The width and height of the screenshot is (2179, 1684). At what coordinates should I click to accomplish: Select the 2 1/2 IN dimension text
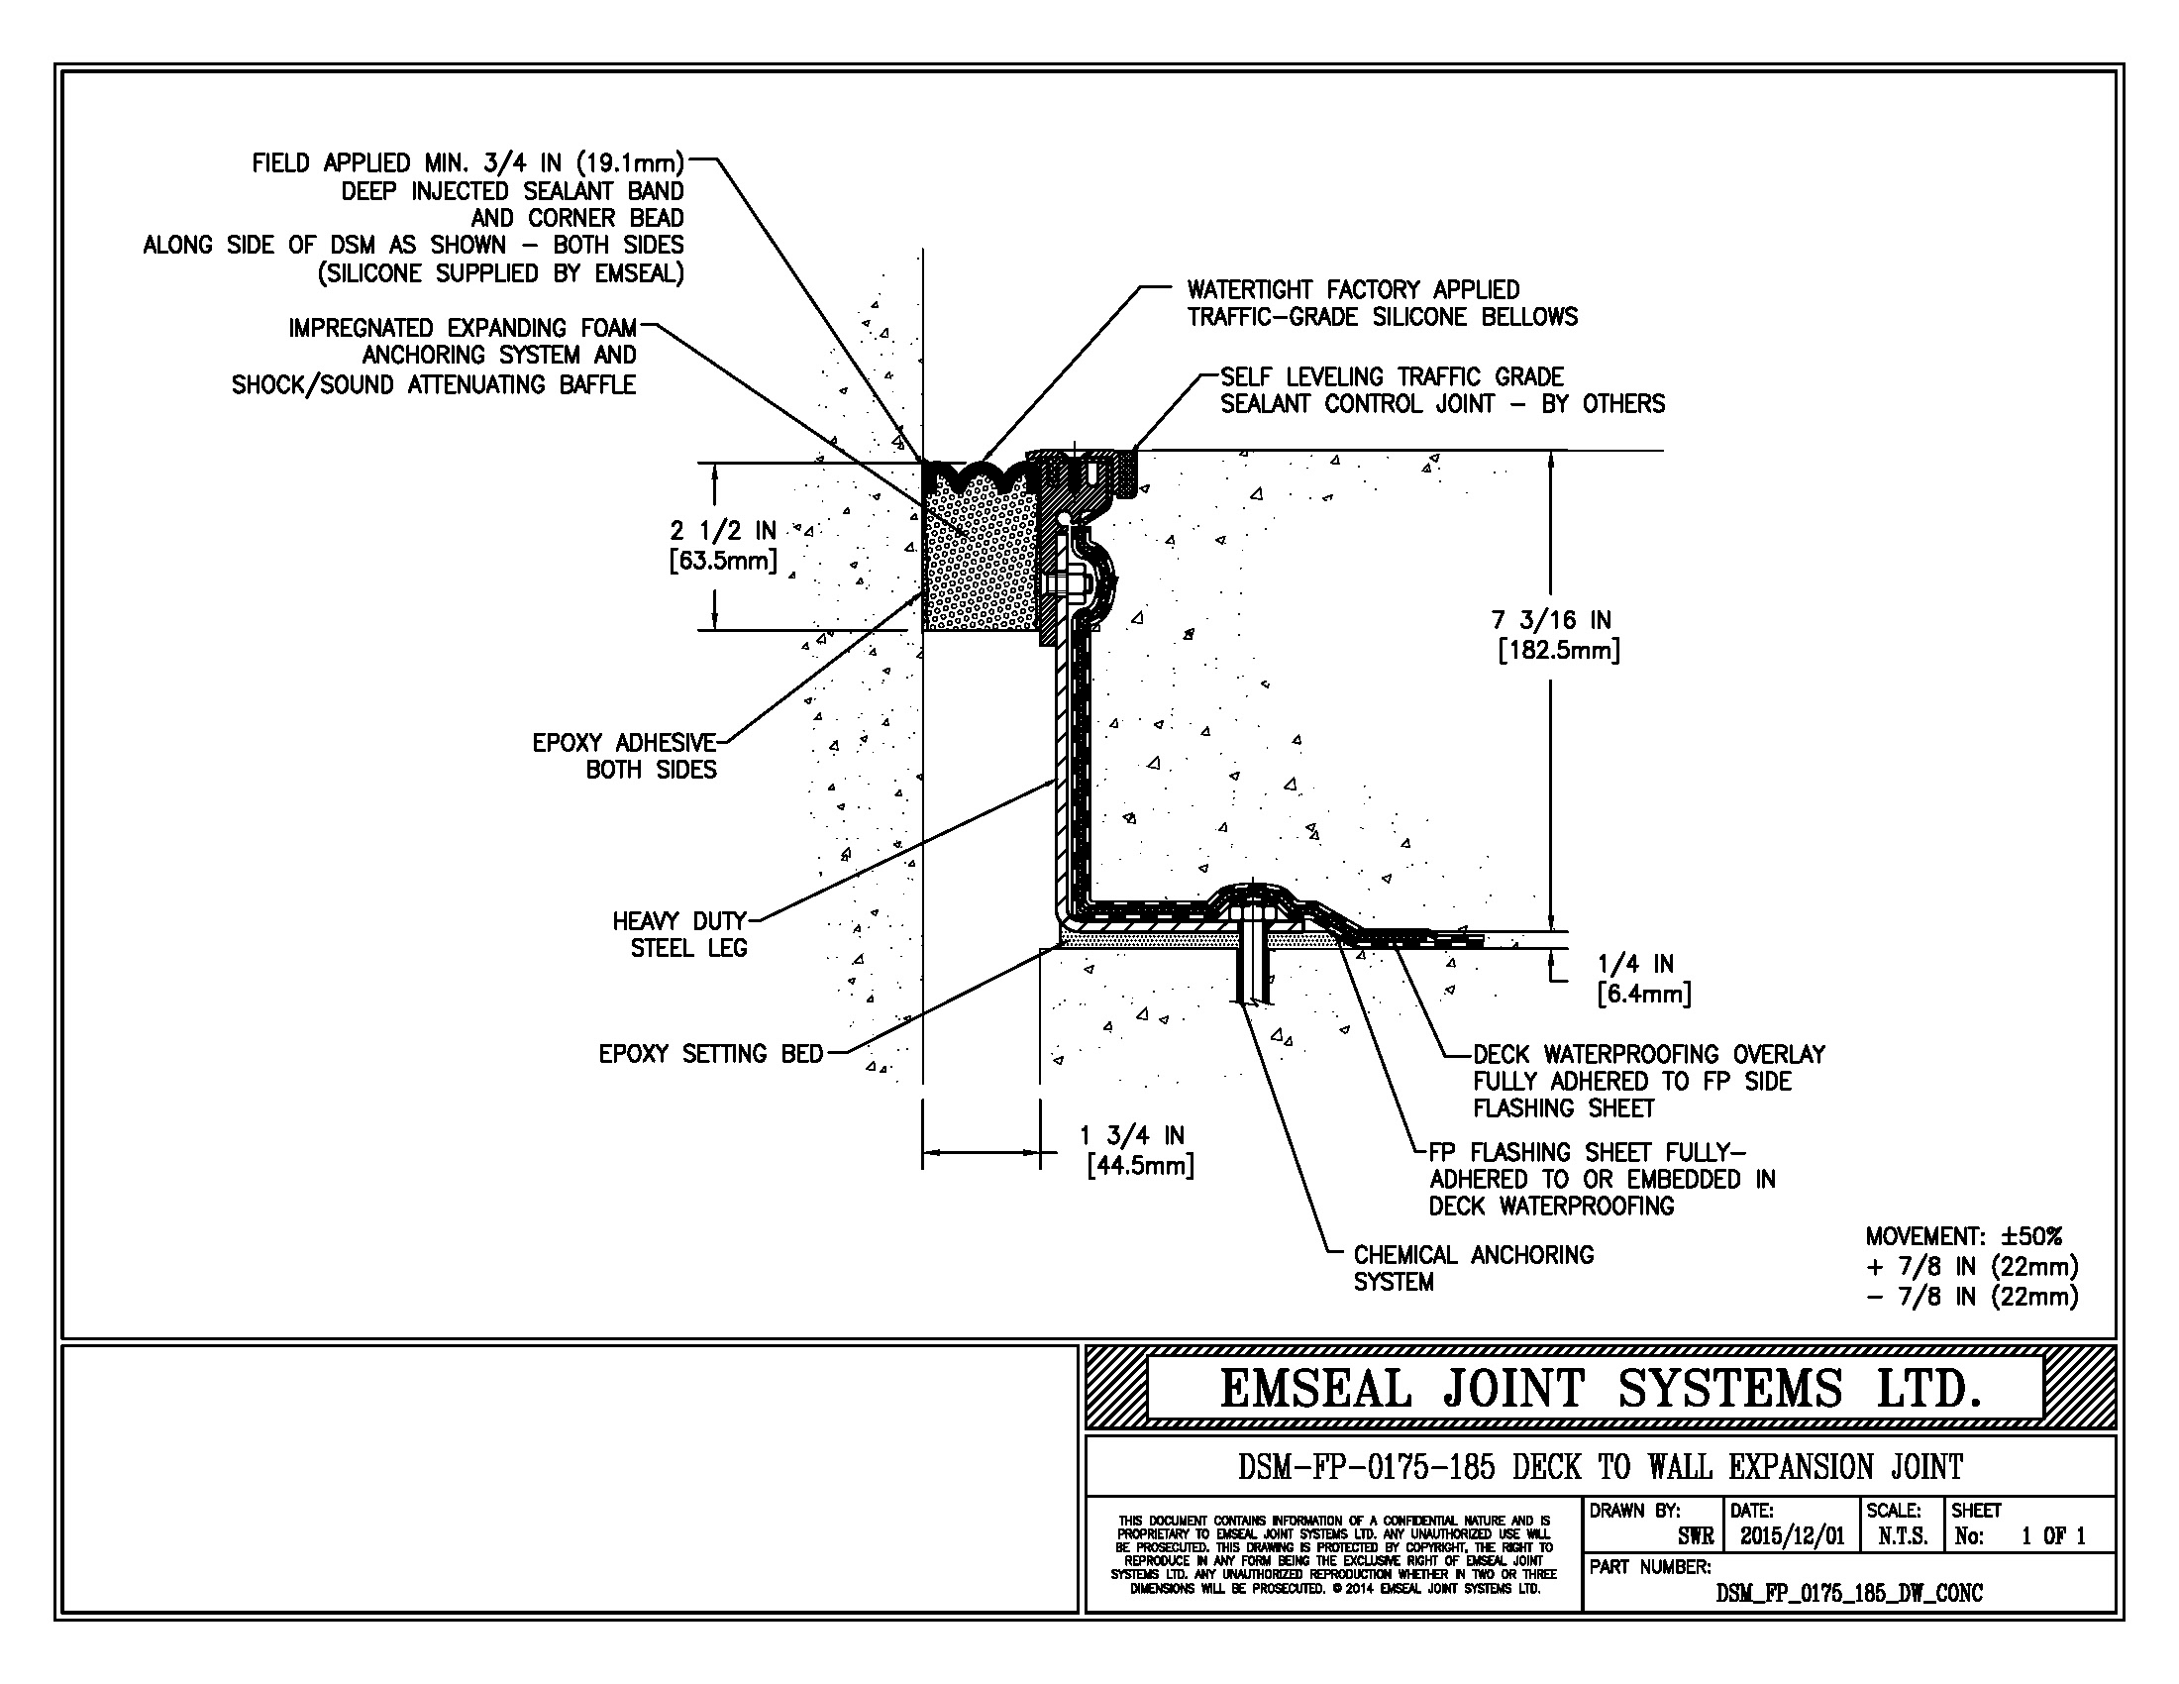coord(723,545)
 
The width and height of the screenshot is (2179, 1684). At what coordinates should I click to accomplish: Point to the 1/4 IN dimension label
coord(1642,979)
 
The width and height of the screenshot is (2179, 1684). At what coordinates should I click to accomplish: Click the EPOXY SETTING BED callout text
coord(710,1054)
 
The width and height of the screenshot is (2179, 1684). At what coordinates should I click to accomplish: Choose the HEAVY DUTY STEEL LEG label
coord(680,934)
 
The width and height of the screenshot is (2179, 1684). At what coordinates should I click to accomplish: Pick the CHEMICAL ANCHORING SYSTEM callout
coord(1473,1268)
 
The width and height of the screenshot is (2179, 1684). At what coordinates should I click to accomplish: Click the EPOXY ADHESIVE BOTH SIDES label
coord(625,756)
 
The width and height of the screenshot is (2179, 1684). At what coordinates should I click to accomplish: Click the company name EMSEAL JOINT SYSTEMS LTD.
coord(1600,1389)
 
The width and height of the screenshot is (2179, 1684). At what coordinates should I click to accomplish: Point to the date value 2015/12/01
coord(1792,1536)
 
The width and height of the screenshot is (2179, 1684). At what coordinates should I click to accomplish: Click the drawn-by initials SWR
coord(1695,1536)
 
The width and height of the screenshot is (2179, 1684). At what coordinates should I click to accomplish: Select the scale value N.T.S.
coord(1903,1536)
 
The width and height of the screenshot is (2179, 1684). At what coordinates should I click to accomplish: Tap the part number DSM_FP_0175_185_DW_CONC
coord(1849,1593)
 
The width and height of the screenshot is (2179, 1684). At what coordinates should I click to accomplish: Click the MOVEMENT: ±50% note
coord(1962,1236)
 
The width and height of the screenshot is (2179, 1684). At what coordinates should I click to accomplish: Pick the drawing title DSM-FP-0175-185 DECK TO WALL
coord(1601,1467)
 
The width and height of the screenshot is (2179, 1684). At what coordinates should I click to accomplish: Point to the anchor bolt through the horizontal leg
coord(1251,958)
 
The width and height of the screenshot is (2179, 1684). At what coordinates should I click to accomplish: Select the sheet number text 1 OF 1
coord(2052,1536)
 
